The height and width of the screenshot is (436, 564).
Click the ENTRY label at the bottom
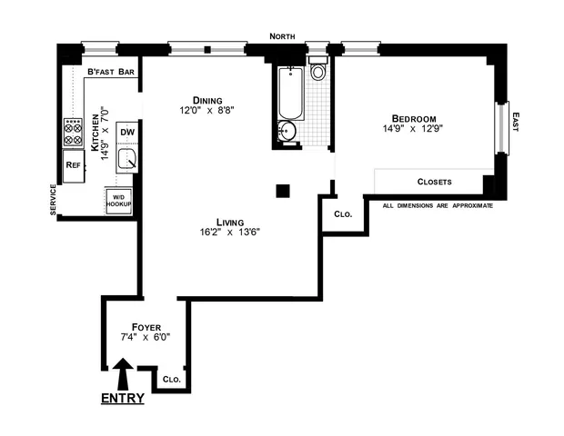pyautogui.click(x=123, y=398)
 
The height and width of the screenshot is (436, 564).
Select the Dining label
pyautogui.click(x=209, y=100)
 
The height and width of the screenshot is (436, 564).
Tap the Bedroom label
pyautogui.click(x=415, y=118)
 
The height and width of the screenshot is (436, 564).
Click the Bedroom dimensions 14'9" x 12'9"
pyautogui.click(x=415, y=130)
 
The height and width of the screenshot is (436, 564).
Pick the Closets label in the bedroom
pyautogui.click(x=434, y=182)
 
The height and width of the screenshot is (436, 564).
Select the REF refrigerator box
pyautogui.click(x=74, y=164)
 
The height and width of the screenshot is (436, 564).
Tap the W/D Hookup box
pyautogui.click(x=120, y=202)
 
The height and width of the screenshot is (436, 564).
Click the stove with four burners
pyautogui.click(x=74, y=133)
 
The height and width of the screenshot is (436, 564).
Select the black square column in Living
pyautogui.click(x=283, y=190)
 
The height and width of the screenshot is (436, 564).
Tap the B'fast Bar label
pyautogui.click(x=111, y=73)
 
